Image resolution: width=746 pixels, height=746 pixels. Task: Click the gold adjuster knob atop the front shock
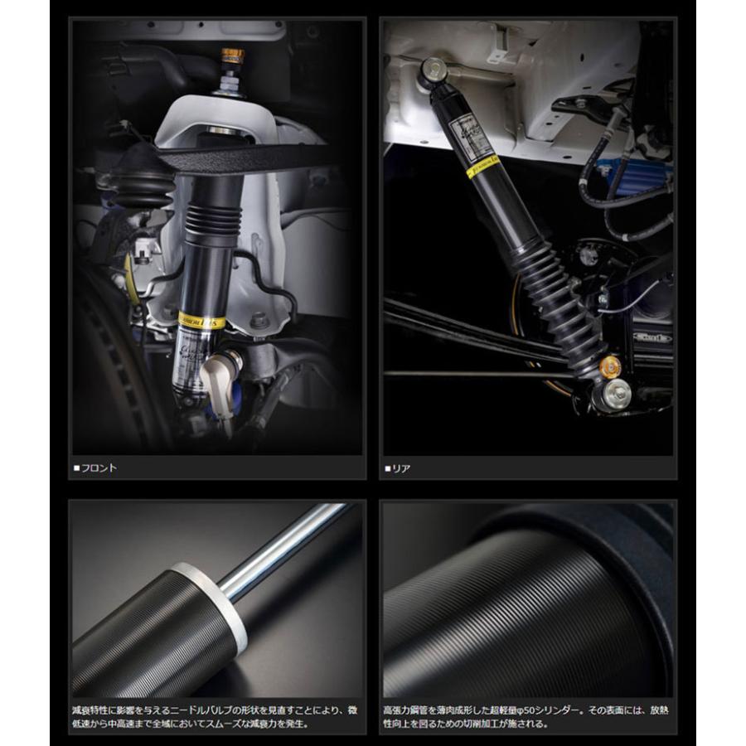tap(233, 58)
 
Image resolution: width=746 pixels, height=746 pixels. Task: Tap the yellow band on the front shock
tap(201, 321)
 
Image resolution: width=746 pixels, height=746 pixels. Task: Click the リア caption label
tap(401, 467)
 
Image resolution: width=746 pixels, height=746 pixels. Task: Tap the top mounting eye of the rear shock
tap(434, 72)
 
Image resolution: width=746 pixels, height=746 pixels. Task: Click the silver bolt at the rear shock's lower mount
tap(618, 394)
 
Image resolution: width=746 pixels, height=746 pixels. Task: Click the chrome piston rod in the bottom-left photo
tap(282, 549)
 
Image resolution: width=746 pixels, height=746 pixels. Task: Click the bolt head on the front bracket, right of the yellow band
tap(259, 320)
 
